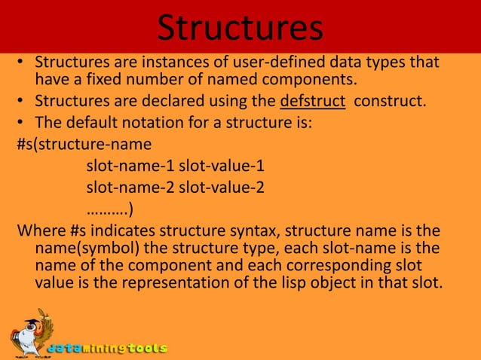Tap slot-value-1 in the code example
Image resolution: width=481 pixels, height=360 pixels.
222,166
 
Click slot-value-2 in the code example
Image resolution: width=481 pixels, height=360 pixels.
222,187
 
